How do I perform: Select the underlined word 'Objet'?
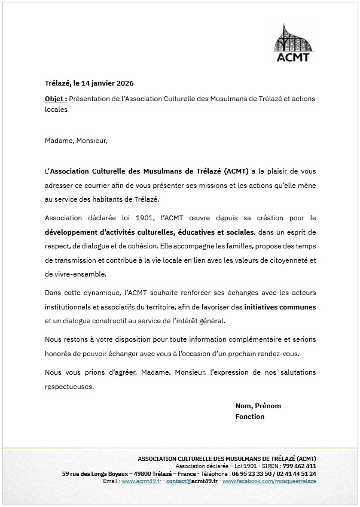click(x=55, y=98)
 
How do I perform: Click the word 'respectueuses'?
click(x=69, y=386)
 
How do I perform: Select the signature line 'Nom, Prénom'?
click(x=258, y=406)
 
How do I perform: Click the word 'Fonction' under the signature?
click(x=249, y=417)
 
